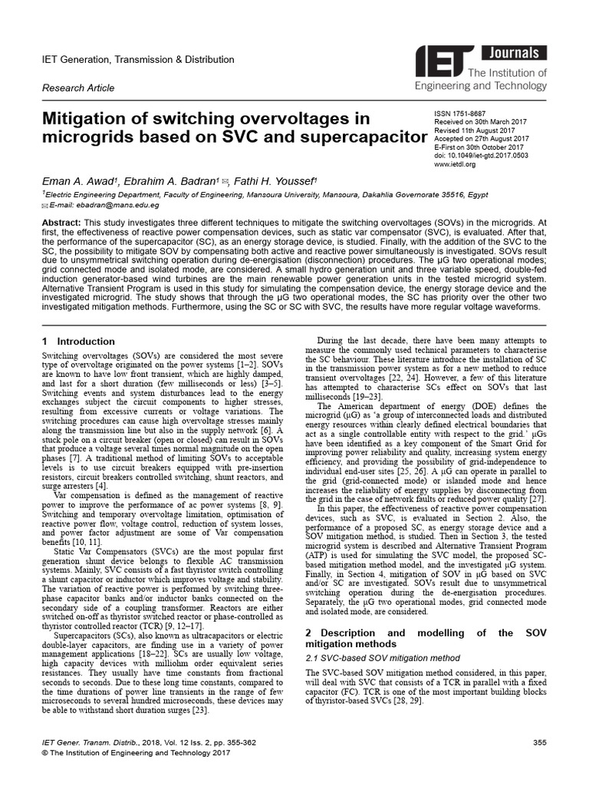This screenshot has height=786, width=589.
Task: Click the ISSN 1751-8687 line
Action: pyautogui.click(x=462, y=114)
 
